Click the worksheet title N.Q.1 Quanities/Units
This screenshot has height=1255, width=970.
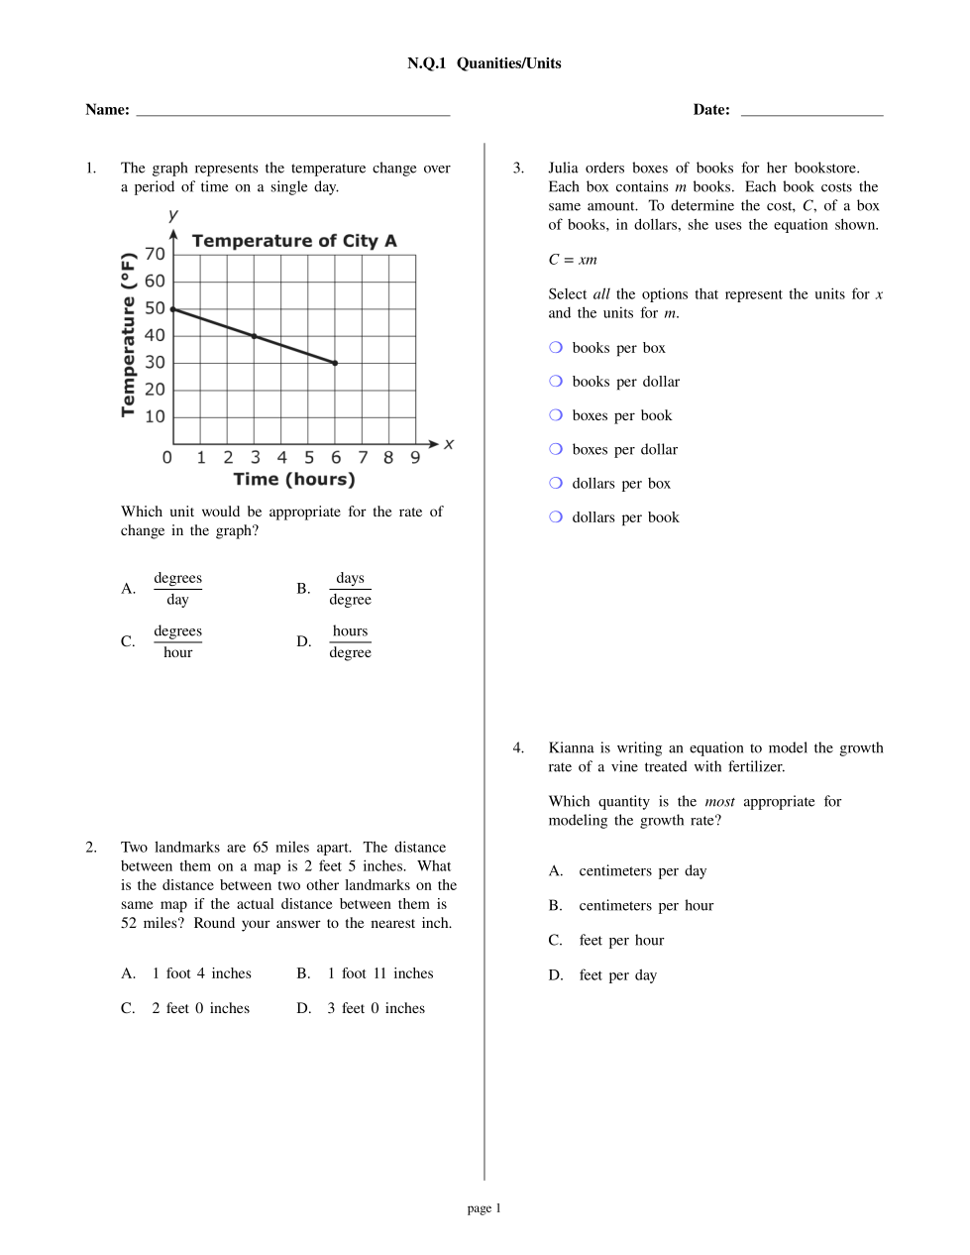484,63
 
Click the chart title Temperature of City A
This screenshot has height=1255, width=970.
294,241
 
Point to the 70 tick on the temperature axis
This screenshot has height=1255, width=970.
155,255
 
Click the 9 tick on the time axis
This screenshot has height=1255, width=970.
415,457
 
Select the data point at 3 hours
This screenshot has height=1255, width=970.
255,336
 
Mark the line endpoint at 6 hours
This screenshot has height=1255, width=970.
335,363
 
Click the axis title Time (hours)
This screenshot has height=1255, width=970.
294,480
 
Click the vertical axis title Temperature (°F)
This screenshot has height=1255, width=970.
128,335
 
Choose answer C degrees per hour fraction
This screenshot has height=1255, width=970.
177,641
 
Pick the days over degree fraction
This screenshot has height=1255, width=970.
350,589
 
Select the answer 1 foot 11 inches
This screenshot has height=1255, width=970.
380,973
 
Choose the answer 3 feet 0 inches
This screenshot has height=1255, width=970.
376,1008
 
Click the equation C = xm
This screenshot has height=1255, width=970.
573,260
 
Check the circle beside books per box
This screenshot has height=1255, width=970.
556,347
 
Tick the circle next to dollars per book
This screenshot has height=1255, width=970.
556,516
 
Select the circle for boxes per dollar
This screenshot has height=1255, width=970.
556,449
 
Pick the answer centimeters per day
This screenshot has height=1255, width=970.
642,871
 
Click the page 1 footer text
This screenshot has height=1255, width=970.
485,1208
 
